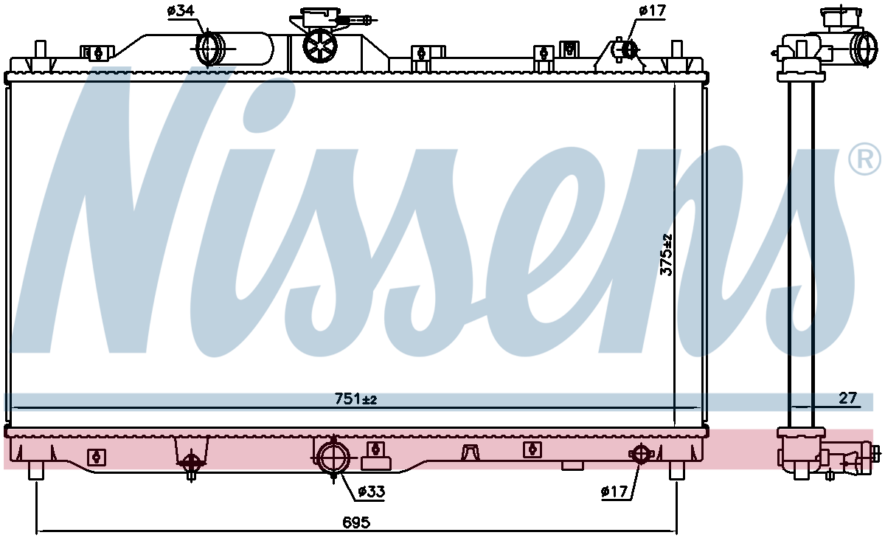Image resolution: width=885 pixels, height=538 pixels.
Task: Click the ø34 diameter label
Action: (181, 11)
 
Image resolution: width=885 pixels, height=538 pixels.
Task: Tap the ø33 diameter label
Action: (371, 492)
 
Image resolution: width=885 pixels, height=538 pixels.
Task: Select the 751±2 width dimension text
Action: (355, 399)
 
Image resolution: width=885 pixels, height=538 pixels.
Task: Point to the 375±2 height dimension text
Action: (666, 255)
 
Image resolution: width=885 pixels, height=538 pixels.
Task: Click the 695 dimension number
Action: (356, 523)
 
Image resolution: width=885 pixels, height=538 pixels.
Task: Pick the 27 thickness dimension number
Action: (847, 398)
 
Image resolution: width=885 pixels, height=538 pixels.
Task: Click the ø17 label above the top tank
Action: (652, 10)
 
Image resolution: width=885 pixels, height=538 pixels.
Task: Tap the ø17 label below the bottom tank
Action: (614, 492)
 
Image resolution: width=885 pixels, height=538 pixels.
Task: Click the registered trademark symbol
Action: (864, 159)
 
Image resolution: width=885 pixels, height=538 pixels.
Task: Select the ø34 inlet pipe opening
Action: (210, 49)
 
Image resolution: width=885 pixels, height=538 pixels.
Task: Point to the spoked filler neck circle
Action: (320, 46)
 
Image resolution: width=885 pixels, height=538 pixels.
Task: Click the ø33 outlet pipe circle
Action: (334, 459)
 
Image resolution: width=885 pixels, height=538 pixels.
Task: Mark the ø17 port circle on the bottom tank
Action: (640, 454)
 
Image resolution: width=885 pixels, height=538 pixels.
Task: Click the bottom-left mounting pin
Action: (36, 470)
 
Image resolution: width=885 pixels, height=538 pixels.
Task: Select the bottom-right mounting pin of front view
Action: (676, 470)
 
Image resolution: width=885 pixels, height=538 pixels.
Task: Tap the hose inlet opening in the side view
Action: (864, 49)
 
